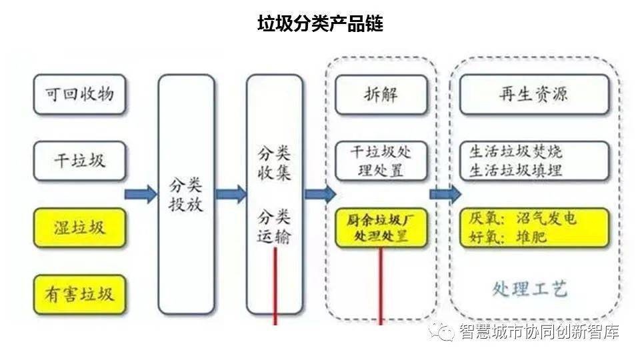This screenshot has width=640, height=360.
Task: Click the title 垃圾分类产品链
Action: (320, 24)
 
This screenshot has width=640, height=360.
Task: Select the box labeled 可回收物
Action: (79, 94)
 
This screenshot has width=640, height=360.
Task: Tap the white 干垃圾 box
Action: (79, 161)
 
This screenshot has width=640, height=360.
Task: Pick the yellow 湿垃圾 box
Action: (79, 227)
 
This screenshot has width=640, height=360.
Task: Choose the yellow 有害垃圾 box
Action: (79, 294)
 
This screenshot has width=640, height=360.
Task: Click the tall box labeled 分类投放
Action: (186, 194)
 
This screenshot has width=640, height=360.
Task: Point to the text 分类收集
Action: (275, 163)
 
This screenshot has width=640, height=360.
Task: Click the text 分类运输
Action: (275, 227)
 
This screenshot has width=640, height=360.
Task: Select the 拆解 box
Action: (381, 94)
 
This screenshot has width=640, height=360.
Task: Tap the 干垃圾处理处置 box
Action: (381, 161)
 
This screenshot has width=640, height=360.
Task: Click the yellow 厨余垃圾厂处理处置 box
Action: (381, 227)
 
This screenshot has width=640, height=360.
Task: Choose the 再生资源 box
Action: (534, 94)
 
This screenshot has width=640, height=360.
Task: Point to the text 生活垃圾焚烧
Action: (516, 151)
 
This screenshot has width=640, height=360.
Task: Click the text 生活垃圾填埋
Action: (516, 170)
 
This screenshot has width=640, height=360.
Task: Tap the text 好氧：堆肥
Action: (508, 237)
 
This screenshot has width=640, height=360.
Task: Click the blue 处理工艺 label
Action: (530, 289)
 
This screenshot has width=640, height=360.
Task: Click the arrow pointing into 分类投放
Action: (141, 194)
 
